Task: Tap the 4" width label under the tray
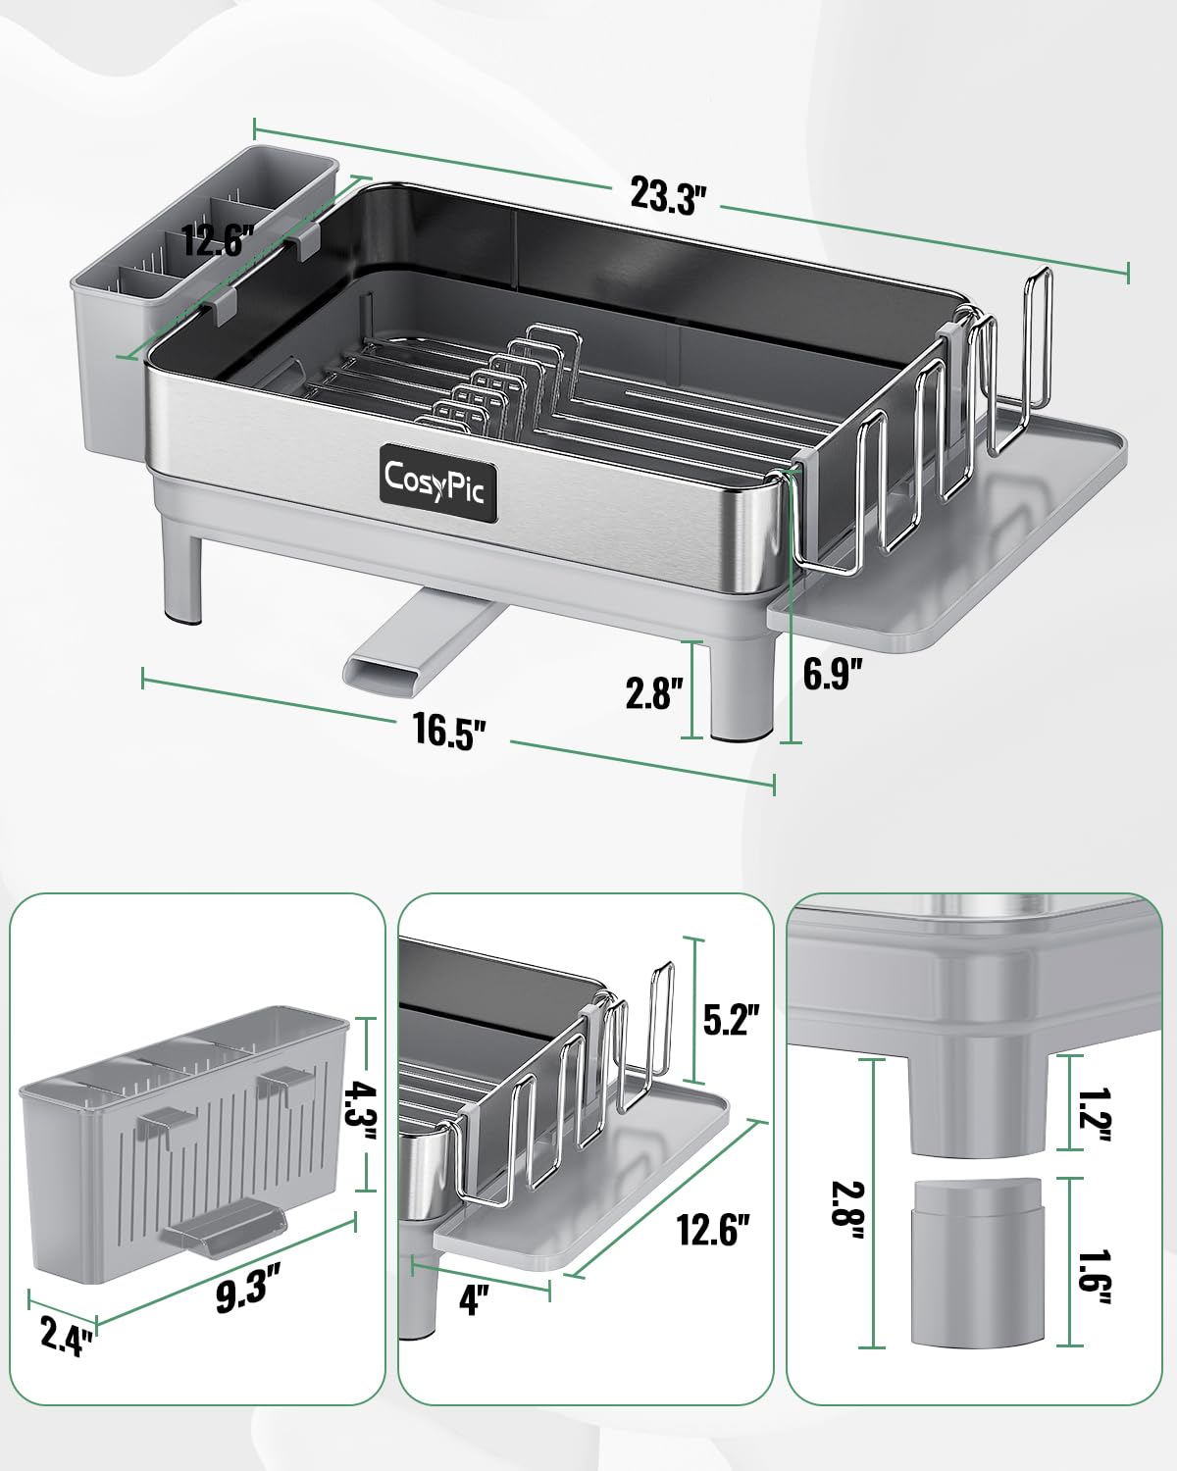pos(474,1300)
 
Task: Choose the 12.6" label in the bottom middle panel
pos(713,1229)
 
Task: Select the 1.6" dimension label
pos(1096,1262)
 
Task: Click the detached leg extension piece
pos(977,1261)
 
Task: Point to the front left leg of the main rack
pos(179,578)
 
